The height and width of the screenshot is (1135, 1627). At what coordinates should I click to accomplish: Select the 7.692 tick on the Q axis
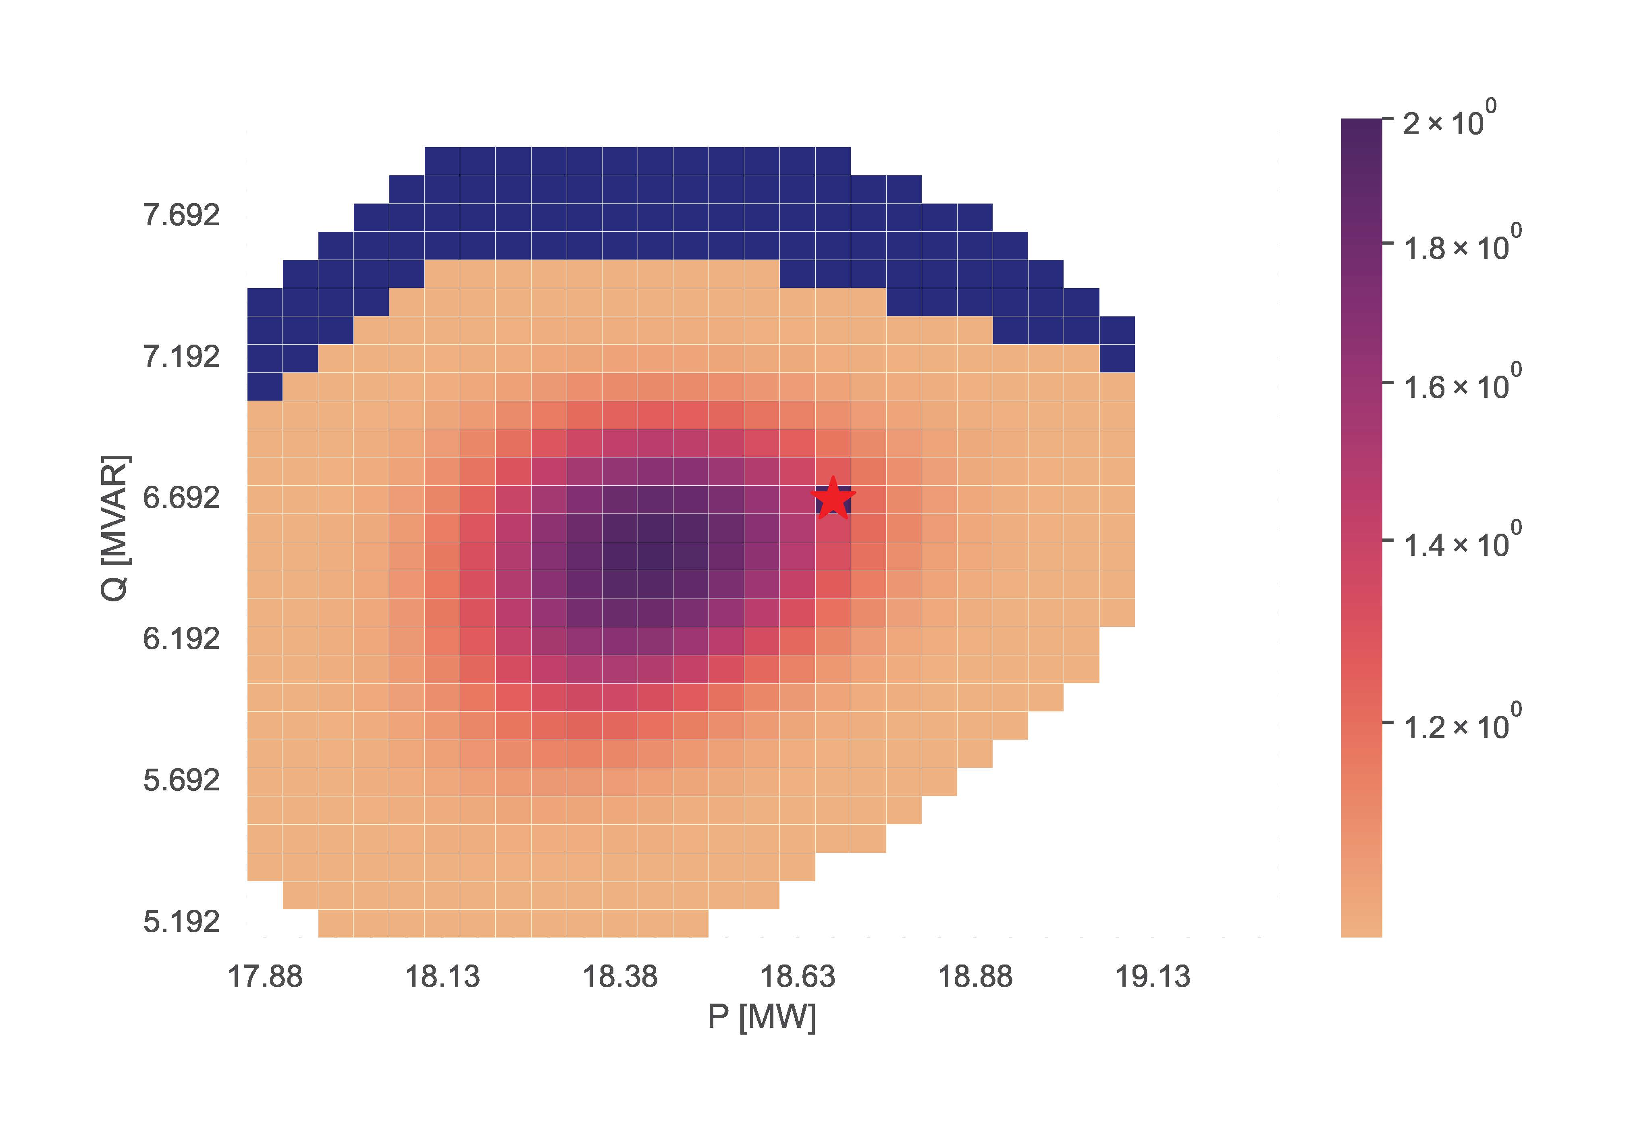click(x=181, y=215)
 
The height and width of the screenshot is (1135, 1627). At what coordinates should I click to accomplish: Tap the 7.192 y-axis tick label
click(x=181, y=356)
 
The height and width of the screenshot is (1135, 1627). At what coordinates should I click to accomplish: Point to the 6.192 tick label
click(x=181, y=639)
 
